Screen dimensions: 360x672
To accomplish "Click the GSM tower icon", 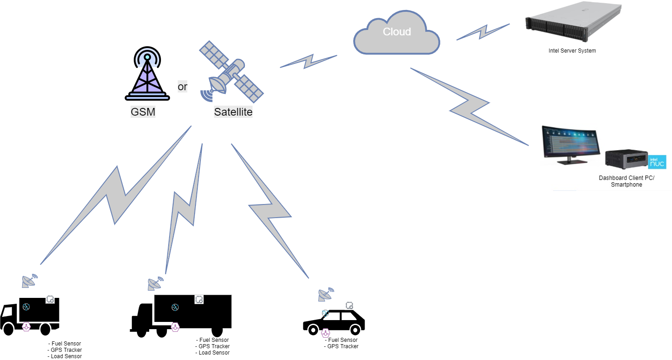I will (147, 74).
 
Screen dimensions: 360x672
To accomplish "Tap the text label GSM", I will (143, 112).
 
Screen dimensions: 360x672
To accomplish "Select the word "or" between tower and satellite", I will (182, 87).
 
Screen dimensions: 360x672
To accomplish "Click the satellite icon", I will (232, 73).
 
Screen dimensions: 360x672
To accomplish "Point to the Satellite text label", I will (233, 112).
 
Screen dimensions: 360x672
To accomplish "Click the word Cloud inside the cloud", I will (397, 32).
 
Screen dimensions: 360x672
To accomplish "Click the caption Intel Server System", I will (572, 51).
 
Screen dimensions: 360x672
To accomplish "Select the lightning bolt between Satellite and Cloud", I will (308, 61).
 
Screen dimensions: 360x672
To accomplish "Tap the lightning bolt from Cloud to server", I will (482, 32).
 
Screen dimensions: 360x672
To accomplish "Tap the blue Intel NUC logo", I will (657, 161).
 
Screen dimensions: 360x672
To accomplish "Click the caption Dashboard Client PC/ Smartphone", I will (626, 181).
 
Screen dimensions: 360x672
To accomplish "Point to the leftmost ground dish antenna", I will (29, 281).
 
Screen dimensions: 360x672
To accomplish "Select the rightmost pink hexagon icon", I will (325, 333).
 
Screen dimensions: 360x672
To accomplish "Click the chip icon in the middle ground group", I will (199, 299).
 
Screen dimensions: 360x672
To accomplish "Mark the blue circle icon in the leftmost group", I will (26, 307).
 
